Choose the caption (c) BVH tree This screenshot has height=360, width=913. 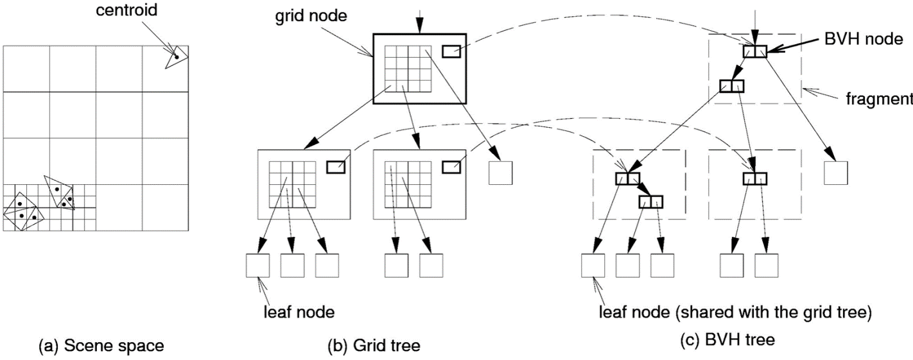point(727,340)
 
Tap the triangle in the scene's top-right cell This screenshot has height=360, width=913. point(175,58)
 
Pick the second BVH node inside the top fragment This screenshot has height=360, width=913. point(731,85)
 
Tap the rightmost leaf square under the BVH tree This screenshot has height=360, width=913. point(767,266)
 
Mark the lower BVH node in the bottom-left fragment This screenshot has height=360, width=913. point(650,202)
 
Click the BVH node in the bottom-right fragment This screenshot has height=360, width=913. point(755,179)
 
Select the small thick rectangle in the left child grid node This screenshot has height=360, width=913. point(336,167)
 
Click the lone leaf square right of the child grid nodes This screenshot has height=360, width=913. point(500,173)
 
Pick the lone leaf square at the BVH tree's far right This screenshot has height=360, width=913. point(837,173)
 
